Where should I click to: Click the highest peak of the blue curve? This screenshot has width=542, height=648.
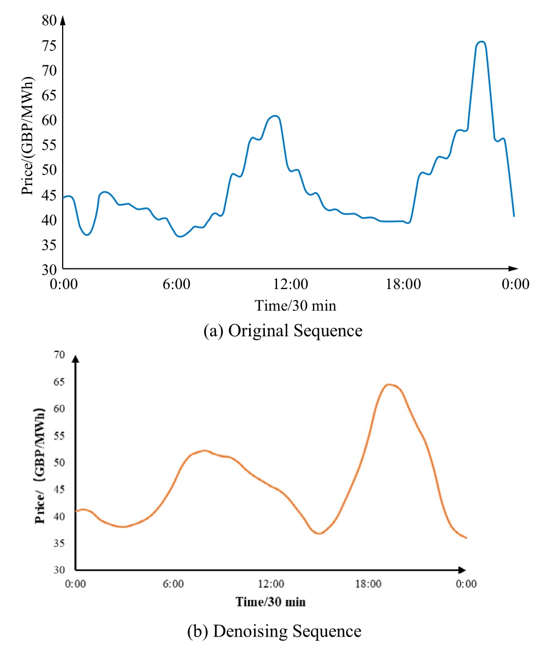(480, 42)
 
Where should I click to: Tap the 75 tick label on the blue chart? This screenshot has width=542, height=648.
(49, 46)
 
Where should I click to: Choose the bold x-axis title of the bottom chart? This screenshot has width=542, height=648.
(270, 602)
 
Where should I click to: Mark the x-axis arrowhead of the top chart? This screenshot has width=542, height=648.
(513, 268)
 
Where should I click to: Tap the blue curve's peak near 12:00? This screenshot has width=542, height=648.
(274, 116)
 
